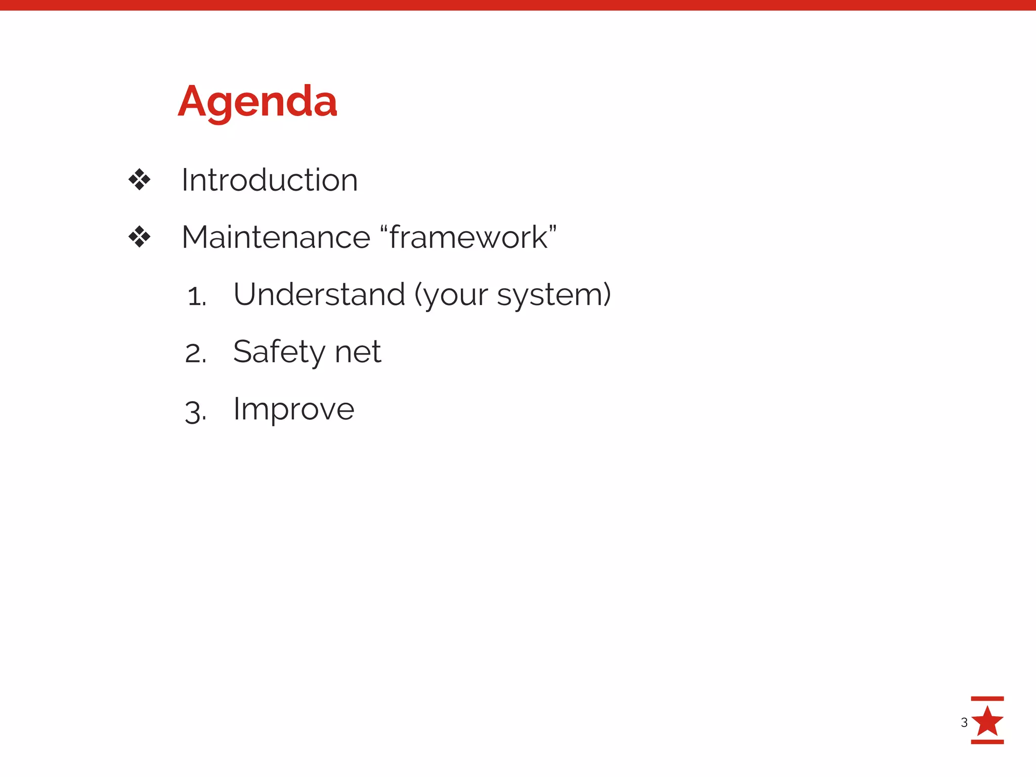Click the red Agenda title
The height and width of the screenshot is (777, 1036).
(x=257, y=102)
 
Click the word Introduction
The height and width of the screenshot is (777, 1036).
(x=270, y=180)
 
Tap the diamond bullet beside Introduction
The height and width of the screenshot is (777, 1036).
(x=140, y=180)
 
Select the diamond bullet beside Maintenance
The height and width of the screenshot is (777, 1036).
(x=140, y=237)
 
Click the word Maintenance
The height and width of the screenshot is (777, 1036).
(x=276, y=237)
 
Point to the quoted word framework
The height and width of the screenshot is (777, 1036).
(x=468, y=237)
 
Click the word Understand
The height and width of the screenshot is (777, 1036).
(x=319, y=294)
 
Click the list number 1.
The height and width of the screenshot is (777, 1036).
(x=196, y=296)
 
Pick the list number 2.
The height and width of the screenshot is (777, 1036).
(x=196, y=354)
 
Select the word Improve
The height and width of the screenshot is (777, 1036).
(x=293, y=410)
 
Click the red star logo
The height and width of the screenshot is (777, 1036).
(x=987, y=721)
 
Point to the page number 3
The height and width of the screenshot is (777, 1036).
(x=964, y=722)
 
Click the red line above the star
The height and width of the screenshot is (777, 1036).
(x=987, y=699)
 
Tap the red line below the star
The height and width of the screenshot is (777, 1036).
(x=987, y=742)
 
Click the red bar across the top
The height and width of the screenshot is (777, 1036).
(x=518, y=5)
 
